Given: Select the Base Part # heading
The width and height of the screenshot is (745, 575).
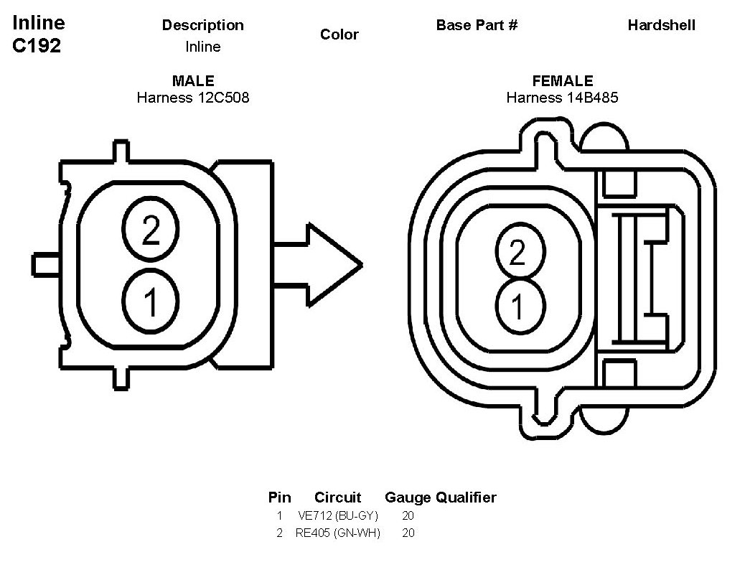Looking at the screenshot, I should pos(477,25).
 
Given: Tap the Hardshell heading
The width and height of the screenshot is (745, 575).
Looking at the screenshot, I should pos(661,25).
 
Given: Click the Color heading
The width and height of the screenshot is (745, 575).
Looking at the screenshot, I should pos(339,34).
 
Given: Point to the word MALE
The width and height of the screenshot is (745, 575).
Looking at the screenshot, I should pos(193,81).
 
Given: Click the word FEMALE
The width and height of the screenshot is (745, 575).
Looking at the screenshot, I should pos(563,81).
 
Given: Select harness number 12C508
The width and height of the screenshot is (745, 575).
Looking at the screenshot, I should pos(223,98).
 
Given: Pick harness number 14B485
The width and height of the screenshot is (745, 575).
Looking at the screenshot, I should pos(592,98).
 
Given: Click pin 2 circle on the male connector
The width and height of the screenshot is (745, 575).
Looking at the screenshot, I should pos(151,230).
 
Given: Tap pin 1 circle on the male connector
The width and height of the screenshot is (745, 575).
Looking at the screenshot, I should pos(151,302).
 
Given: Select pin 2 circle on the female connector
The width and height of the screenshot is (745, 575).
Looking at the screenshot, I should pos(517,253).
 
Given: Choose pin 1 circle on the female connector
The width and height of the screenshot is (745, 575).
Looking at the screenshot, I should pos(517,307).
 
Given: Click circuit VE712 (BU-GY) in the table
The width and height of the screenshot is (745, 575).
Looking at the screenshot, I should pos(337,515).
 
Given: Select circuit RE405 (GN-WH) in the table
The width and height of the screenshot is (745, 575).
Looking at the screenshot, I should pos(337,533).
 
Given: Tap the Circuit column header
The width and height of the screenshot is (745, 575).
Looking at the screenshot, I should pos(337,497).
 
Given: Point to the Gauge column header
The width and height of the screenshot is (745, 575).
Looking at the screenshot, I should pos(407,497).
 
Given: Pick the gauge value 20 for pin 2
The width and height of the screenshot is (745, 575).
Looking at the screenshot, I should pos(408,533).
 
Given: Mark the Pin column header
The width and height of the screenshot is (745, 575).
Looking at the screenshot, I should pos(279,497).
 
